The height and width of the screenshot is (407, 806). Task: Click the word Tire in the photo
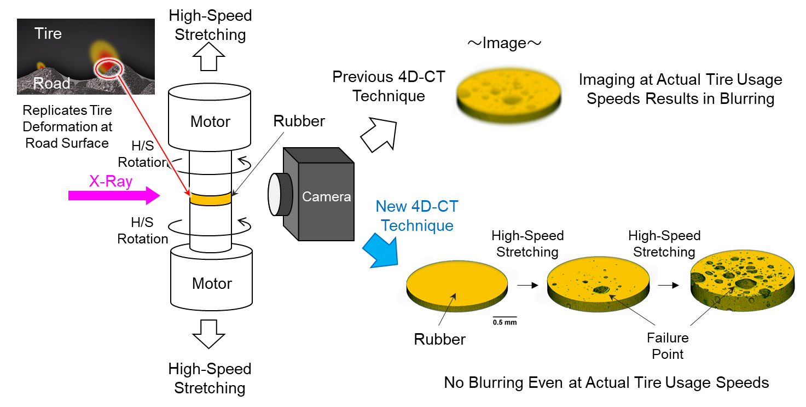[x=48, y=34]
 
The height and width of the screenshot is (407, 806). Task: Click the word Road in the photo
[x=51, y=83]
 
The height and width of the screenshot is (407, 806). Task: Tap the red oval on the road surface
[x=107, y=68]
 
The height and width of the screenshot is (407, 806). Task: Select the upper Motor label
[x=210, y=121]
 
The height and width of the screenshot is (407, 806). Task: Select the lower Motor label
[x=212, y=283]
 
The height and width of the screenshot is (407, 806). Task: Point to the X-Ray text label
[x=111, y=182]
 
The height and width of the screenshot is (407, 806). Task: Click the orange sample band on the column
[x=211, y=199]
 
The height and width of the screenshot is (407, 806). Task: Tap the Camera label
[x=327, y=197]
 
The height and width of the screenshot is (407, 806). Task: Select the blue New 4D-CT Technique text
[x=417, y=216]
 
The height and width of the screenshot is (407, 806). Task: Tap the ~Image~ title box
[x=504, y=42]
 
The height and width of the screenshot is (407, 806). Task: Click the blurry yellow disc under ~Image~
[x=508, y=96]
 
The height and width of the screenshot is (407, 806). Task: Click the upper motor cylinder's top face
[x=210, y=92]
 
